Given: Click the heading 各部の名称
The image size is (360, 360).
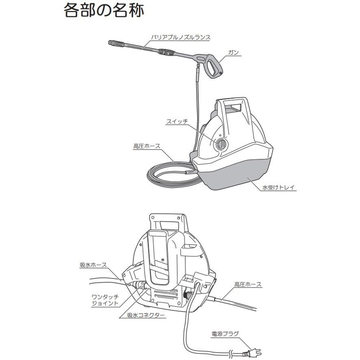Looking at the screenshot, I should [x=103, y=11].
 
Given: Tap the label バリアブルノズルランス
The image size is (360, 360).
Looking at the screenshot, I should [x=180, y=37].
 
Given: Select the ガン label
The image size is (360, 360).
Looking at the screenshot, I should [x=233, y=52].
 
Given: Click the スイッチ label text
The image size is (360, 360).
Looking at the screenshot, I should [x=177, y=121].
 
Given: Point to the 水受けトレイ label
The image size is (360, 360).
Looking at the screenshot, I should [x=279, y=188].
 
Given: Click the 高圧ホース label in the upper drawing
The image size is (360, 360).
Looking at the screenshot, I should [x=147, y=146].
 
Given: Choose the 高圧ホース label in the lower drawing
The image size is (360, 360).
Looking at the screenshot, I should [x=248, y=285].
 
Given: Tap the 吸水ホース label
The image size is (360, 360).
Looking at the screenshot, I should [x=93, y=265].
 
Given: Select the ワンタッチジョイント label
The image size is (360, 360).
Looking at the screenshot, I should [x=105, y=300].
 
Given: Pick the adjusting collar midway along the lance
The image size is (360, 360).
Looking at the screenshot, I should [x=166, y=52].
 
